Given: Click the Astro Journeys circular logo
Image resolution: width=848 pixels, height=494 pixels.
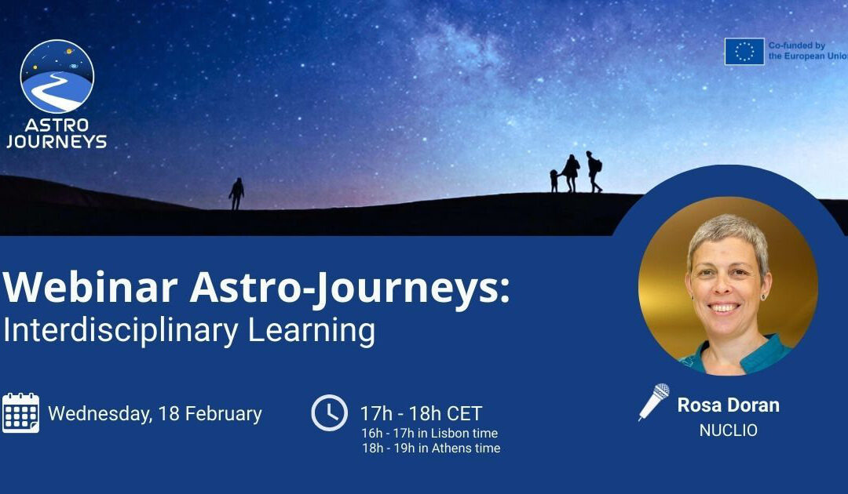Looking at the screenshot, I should (x=57, y=77).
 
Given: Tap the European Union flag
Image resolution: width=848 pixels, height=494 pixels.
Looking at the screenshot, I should (x=744, y=52).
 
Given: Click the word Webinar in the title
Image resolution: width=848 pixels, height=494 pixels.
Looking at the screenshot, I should (x=90, y=288).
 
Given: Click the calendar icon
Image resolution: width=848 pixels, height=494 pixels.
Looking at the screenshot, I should (x=20, y=412).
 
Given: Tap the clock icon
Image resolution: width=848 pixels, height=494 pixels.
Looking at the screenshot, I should (x=329, y=412).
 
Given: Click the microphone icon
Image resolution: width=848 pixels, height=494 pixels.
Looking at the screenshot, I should (x=653, y=401).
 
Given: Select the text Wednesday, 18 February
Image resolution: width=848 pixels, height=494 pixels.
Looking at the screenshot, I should (x=155, y=413).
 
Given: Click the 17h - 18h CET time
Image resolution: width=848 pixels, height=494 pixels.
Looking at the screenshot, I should (x=421, y=413).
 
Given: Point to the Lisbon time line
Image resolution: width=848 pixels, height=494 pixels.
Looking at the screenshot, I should (x=429, y=433).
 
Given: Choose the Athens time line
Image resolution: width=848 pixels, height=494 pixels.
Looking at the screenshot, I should (x=431, y=449).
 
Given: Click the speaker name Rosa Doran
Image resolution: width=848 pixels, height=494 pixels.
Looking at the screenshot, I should (x=728, y=405).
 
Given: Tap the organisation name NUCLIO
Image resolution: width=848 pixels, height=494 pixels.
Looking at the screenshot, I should (x=728, y=430).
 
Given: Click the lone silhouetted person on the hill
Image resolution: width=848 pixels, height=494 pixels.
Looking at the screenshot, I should (x=236, y=193).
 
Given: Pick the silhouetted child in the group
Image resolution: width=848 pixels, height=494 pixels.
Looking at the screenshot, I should (x=554, y=180).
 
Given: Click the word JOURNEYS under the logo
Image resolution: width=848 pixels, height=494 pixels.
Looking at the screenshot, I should (x=57, y=142).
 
